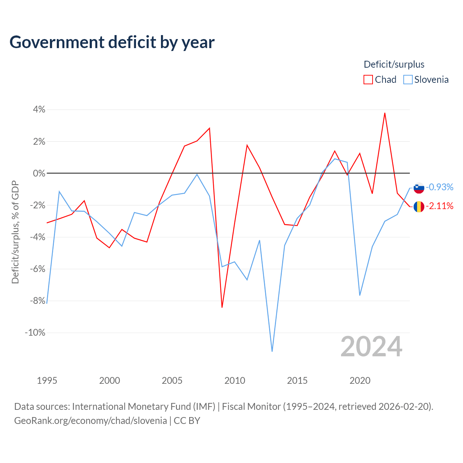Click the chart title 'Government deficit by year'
pyautogui.click(x=112, y=42)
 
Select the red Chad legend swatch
pyautogui.click(x=368, y=80)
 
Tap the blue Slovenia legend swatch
pyautogui.click(x=408, y=80)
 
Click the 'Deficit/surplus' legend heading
pyautogui.click(x=394, y=64)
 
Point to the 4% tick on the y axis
pyautogui.click(x=39, y=110)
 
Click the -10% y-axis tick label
pyautogui.click(x=35, y=333)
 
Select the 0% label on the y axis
pyautogui.click(x=39, y=173)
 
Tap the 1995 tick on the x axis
pyautogui.click(x=47, y=381)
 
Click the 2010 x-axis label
pyautogui.click(x=235, y=381)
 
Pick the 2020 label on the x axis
pyautogui.click(x=360, y=381)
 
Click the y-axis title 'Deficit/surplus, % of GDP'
pyautogui.click(x=15, y=232)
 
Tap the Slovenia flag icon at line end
pyautogui.click(x=419, y=188)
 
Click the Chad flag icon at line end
pyautogui.click(x=419, y=207)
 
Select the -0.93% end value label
pyautogui.click(x=439, y=187)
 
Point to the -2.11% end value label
pyautogui.click(x=439, y=206)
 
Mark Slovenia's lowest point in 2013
pyautogui.click(x=272, y=351)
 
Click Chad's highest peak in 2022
pyautogui.click(x=385, y=113)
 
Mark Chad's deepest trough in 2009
pyautogui.click(x=222, y=307)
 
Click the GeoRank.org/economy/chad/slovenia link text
pyautogui.click(x=90, y=421)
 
